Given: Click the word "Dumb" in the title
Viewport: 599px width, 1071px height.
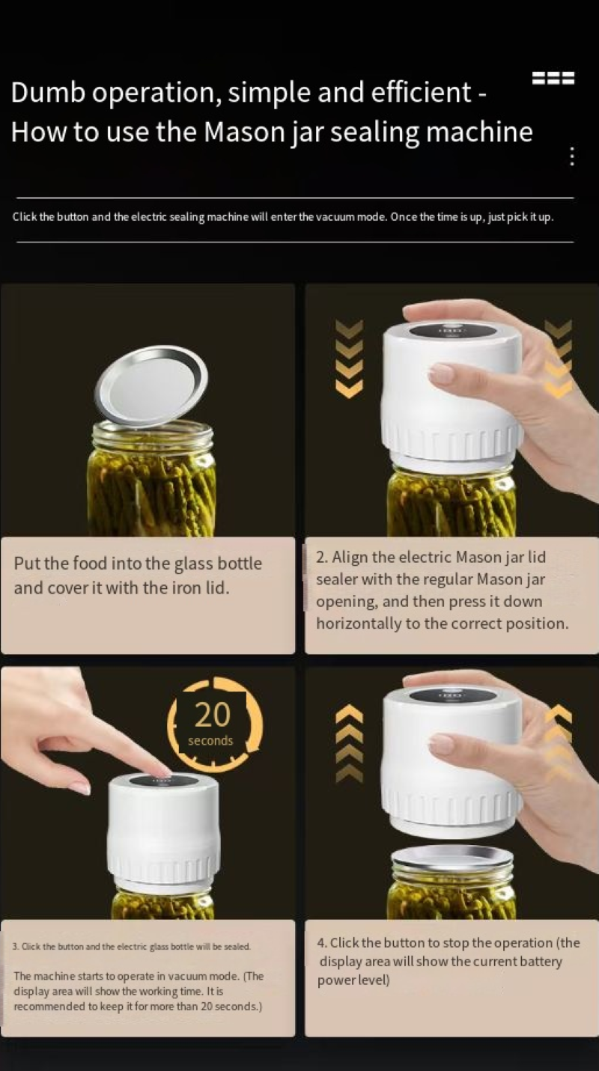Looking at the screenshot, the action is (x=48, y=92).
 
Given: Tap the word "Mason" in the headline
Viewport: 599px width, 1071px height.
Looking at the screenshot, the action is (x=243, y=132).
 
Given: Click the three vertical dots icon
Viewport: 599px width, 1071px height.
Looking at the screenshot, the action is (x=571, y=156).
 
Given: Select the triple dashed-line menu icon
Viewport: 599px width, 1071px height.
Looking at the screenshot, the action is (x=553, y=78).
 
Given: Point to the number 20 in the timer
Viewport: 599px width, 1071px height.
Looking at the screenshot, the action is (x=213, y=715).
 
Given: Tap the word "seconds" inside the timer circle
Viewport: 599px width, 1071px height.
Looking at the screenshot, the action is (x=210, y=741).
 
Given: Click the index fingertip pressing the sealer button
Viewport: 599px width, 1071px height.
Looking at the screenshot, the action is (x=162, y=770).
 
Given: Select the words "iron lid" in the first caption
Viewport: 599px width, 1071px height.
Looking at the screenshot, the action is (x=200, y=588).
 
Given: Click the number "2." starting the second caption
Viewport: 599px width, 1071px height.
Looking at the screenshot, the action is (x=321, y=558).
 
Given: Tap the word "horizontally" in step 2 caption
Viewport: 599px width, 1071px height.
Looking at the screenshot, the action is (x=359, y=624).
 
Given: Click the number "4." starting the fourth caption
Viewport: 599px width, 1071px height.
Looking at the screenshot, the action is (x=322, y=943).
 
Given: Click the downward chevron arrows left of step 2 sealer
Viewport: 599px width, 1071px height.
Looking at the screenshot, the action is (x=349, y=358).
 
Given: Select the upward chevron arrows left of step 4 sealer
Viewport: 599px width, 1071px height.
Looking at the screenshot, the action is (x=349, y=743).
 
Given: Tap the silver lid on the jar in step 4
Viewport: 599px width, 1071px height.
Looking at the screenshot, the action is (x=451, y=859).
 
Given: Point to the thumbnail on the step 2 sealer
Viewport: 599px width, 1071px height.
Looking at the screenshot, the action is (x=440, y=373).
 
